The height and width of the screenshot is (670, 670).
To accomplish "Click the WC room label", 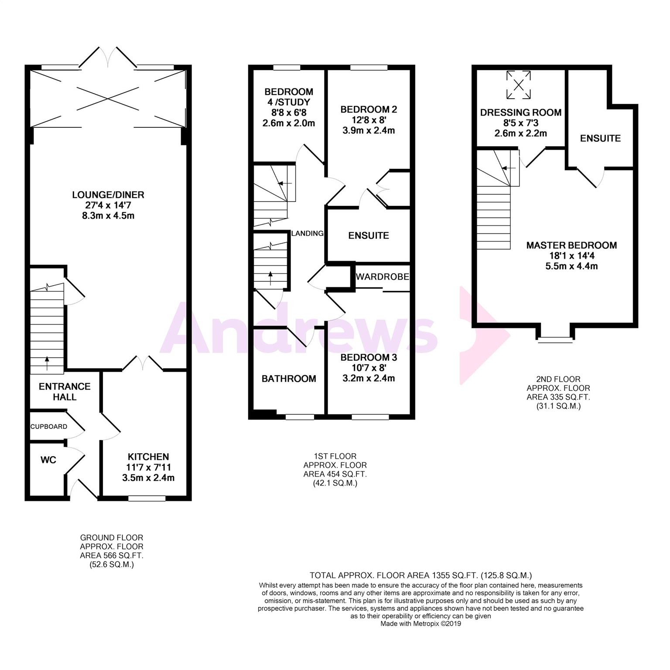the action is click(48, 460).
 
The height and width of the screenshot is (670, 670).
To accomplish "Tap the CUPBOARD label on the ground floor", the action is click(49, 427).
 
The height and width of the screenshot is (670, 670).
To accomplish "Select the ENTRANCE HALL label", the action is click(65, 392).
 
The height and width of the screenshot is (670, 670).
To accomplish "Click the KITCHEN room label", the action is click(148, 457).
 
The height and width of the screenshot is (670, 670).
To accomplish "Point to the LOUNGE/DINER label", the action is click(108, 195).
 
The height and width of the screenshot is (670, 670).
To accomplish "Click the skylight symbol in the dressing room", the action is click(519, 85).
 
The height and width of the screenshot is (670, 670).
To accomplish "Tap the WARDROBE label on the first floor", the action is click(383, 277).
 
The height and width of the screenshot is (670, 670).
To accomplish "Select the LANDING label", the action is click(308, 233).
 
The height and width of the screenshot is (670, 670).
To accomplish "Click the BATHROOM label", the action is click(289, 379).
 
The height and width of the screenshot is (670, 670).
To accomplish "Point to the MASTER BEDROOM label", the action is click(571, 245).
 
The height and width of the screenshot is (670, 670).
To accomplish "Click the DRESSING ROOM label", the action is click(521, 113).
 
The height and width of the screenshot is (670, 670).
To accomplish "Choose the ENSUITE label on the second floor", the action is click(600, 138).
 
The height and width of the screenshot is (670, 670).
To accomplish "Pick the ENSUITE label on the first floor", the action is click(369, 236).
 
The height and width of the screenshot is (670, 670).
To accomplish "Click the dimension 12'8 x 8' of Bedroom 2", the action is click(369, 120).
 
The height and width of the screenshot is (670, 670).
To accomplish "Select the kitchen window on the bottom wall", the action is click(147, 498).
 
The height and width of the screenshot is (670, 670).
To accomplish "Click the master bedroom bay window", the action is click(555, 339).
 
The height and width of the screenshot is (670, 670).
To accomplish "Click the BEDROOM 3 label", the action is click(369, 358).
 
